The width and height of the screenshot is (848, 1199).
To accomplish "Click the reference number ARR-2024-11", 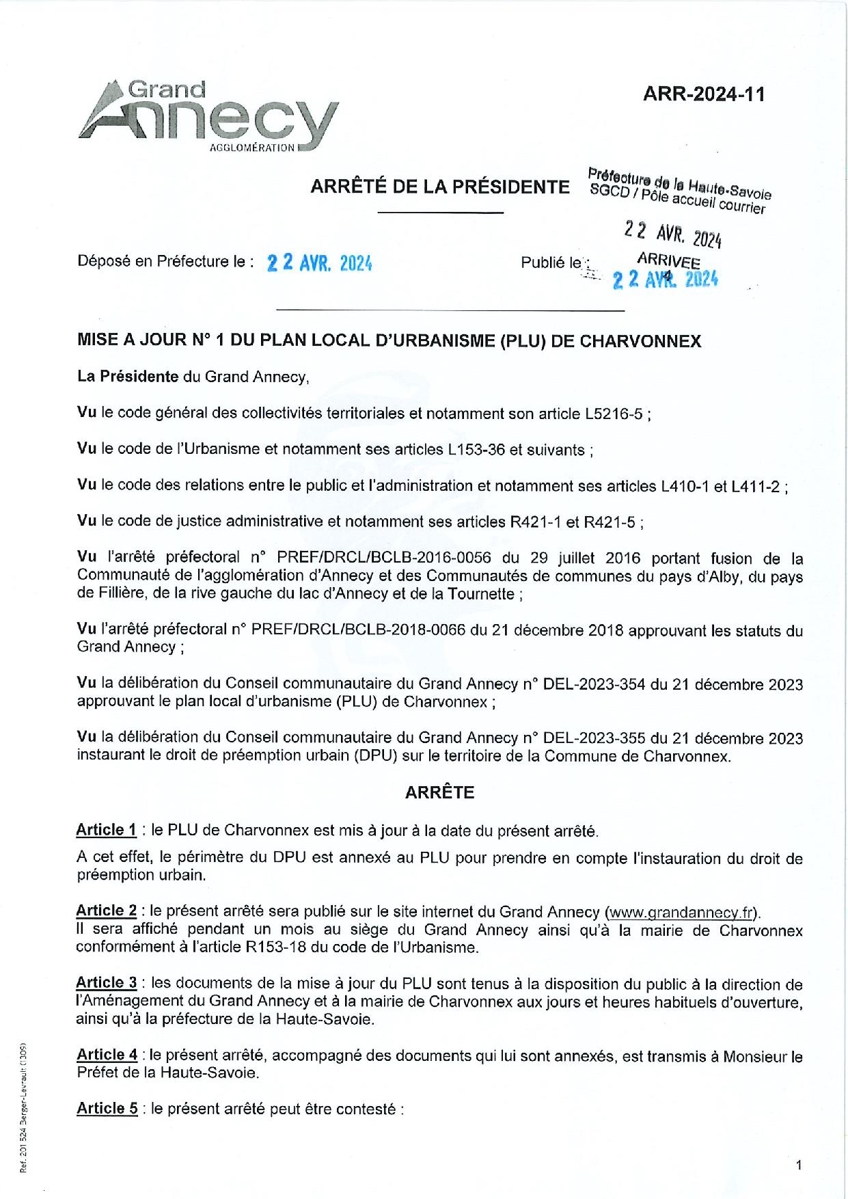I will [x=704, y=94].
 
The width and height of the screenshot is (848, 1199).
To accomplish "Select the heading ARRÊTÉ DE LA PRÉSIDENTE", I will [x=440, y=187].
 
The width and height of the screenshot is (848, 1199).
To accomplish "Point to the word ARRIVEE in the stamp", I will [x=668, y=261].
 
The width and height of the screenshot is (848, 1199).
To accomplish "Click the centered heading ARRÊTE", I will [x=439, y=792].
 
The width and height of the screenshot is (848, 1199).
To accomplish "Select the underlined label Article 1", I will [x=106, y=831].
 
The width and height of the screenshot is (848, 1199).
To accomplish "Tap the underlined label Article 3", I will [x=107, y=983].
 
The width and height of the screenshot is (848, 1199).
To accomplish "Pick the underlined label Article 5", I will [x=107, y=1109].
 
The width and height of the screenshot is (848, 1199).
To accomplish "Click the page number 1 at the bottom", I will [x=798, y=1166].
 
